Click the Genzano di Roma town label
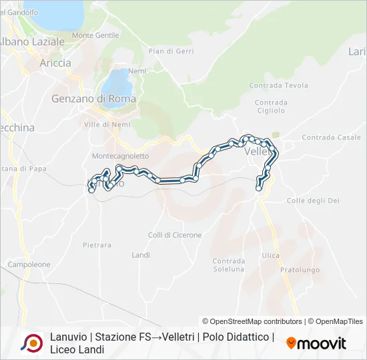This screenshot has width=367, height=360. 93,99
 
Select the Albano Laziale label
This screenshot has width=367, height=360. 31,41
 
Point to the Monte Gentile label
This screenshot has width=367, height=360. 95,35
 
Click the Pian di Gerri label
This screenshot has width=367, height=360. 170,51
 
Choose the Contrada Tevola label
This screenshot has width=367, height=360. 278,85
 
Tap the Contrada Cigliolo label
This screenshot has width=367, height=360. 271,107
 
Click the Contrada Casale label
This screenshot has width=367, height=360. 331,137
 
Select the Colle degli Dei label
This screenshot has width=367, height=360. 313,201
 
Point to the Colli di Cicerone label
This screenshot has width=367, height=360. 175,235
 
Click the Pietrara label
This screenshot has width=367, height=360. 97,245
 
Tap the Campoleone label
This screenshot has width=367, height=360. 29,265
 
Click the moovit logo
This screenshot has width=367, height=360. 316,343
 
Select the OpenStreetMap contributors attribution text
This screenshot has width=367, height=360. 252,321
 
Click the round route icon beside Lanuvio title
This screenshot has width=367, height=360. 32,343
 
